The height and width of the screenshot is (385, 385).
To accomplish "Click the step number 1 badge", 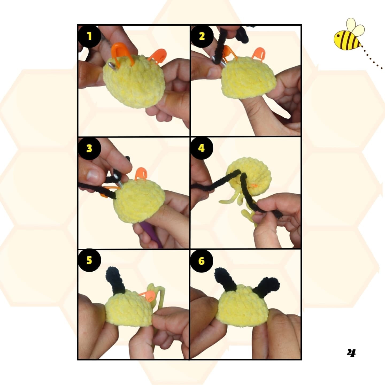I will (x=89, y=36).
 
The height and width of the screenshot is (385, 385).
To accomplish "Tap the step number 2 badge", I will (x=202, y=36).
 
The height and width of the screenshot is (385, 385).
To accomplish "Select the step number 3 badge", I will (x=89, y=148).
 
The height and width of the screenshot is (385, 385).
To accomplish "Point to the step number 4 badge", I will (x=202, y=148).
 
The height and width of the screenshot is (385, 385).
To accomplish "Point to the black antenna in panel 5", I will (x=116, y=279).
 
